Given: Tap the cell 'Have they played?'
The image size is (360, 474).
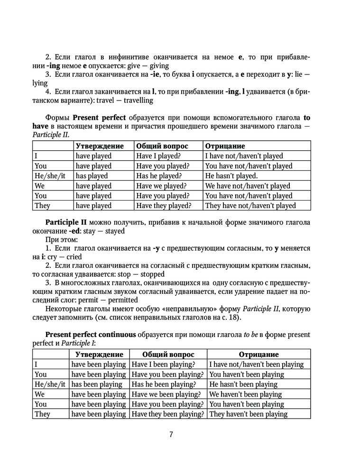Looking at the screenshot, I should (x=163, y=206).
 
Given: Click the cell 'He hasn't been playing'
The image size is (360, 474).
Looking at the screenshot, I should (x=243, y=384).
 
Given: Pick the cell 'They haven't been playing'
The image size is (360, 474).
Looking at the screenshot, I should (x=248, y=414).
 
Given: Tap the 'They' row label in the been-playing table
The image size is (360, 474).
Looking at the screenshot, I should (x=42, y=414).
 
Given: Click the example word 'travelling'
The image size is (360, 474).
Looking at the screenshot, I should (x=136, y=100).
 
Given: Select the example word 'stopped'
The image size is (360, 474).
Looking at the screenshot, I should (x=149, y=274).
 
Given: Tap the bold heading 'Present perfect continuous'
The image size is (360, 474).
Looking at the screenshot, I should (x=91, y=335).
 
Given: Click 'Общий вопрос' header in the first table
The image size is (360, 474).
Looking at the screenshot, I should (x=162, y=146).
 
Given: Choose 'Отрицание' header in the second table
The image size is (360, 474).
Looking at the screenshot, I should (x=258, y=355).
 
